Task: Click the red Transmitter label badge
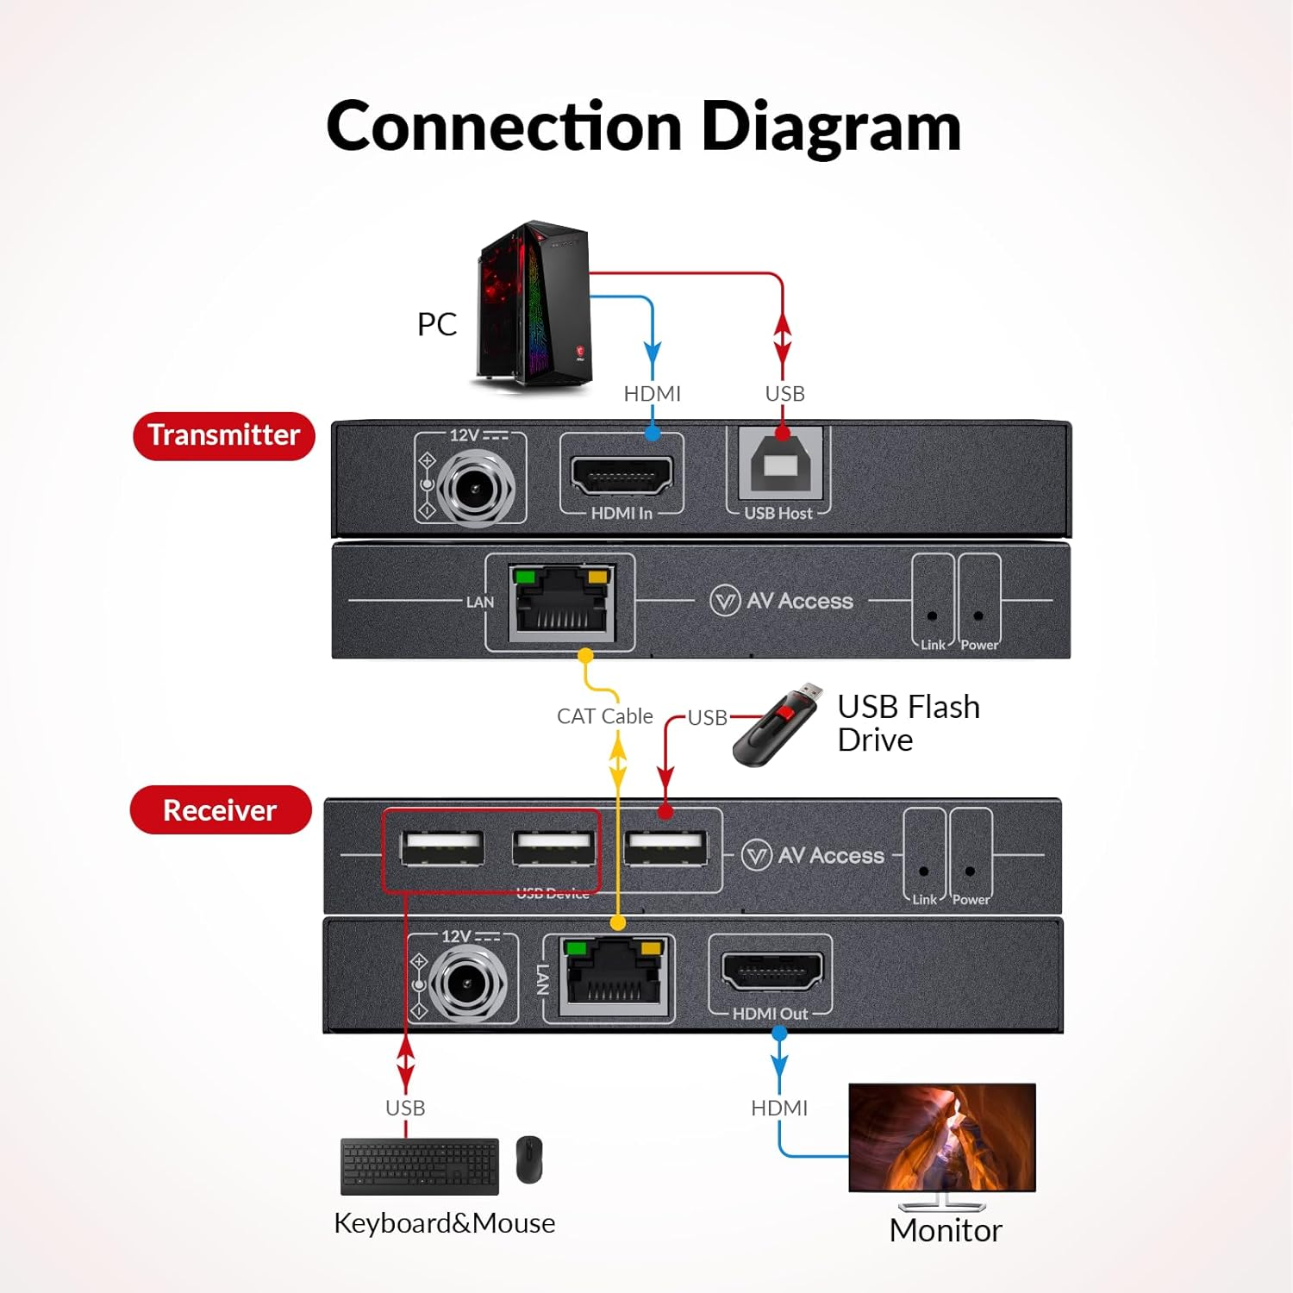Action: point(224,435)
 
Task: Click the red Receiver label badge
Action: point(221,810)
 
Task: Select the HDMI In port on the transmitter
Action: point(622,475)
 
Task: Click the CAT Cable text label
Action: point(604,716)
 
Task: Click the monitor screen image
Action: point(942,1136)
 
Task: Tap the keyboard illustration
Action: point(420,1165)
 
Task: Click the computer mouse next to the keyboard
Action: point(529,1159)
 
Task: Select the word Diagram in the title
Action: point(831,128)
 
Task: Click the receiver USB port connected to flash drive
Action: point(665,848)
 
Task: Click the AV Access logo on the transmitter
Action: point(781,601)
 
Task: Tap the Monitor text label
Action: point(946,1231)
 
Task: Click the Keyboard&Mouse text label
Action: point(444,1223)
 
